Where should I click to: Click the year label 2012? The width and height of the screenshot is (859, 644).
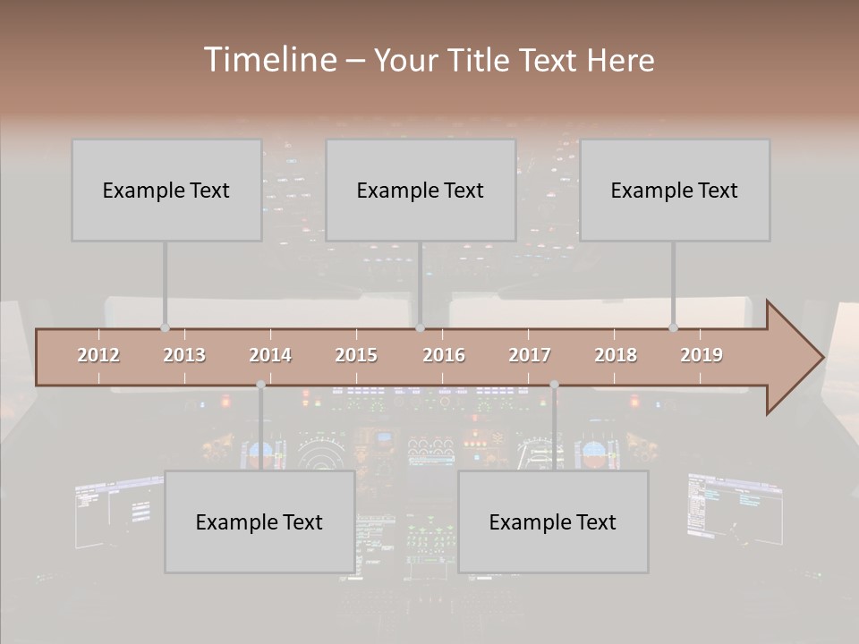click(x=98, y=355)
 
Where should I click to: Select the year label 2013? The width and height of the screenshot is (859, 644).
click(x=184, y=355)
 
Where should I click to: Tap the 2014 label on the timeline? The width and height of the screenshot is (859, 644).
click(x=270, y=355)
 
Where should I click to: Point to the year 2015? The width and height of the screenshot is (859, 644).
click(x=356, y=355)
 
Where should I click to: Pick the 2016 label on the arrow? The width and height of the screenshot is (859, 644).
click(x=443, y=355)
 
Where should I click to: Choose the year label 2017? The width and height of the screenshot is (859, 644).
click(x=530, y=355)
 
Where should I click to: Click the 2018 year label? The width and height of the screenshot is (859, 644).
click(x=616, y=355)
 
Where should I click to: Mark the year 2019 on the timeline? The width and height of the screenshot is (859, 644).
click(x=702, y=355)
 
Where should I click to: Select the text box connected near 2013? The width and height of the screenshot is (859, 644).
click(x=166, y=190)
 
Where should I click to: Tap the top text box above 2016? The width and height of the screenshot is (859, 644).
click(x=421, y=190)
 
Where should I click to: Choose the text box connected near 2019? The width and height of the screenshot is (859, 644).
click(x=675, y=190)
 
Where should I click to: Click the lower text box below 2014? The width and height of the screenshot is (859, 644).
click(x=259, y=522)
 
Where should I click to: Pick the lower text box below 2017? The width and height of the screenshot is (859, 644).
click(x=553, y=522)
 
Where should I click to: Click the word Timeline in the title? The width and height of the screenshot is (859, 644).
click(x=269, y=60)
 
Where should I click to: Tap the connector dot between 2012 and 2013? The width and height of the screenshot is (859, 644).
click(x=165, y=327)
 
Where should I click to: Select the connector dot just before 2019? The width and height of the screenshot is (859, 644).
click(x=673, y=327)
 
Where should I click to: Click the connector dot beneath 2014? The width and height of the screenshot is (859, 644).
click(x=260, y=385)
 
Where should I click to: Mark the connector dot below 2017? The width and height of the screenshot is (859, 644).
click(x=554, y=385)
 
